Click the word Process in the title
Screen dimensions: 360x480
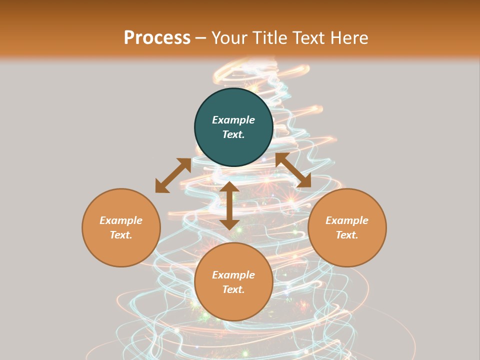coord(157,38)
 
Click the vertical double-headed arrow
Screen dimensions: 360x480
coord(229,205)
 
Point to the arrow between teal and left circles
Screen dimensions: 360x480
coord(173,175)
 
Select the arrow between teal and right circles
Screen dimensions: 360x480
coord(293,170)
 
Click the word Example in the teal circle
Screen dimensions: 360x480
coord(233,120)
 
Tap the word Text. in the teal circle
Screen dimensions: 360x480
coord(233,134)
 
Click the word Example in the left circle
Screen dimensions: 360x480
coord(121,220)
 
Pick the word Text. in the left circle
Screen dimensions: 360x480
coord(121,235)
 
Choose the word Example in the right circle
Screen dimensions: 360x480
coord(347,220)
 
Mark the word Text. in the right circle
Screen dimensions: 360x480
coord(347,235)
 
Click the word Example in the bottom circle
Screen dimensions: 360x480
coord(233,275)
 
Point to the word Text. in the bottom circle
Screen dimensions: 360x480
coord(233,289)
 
